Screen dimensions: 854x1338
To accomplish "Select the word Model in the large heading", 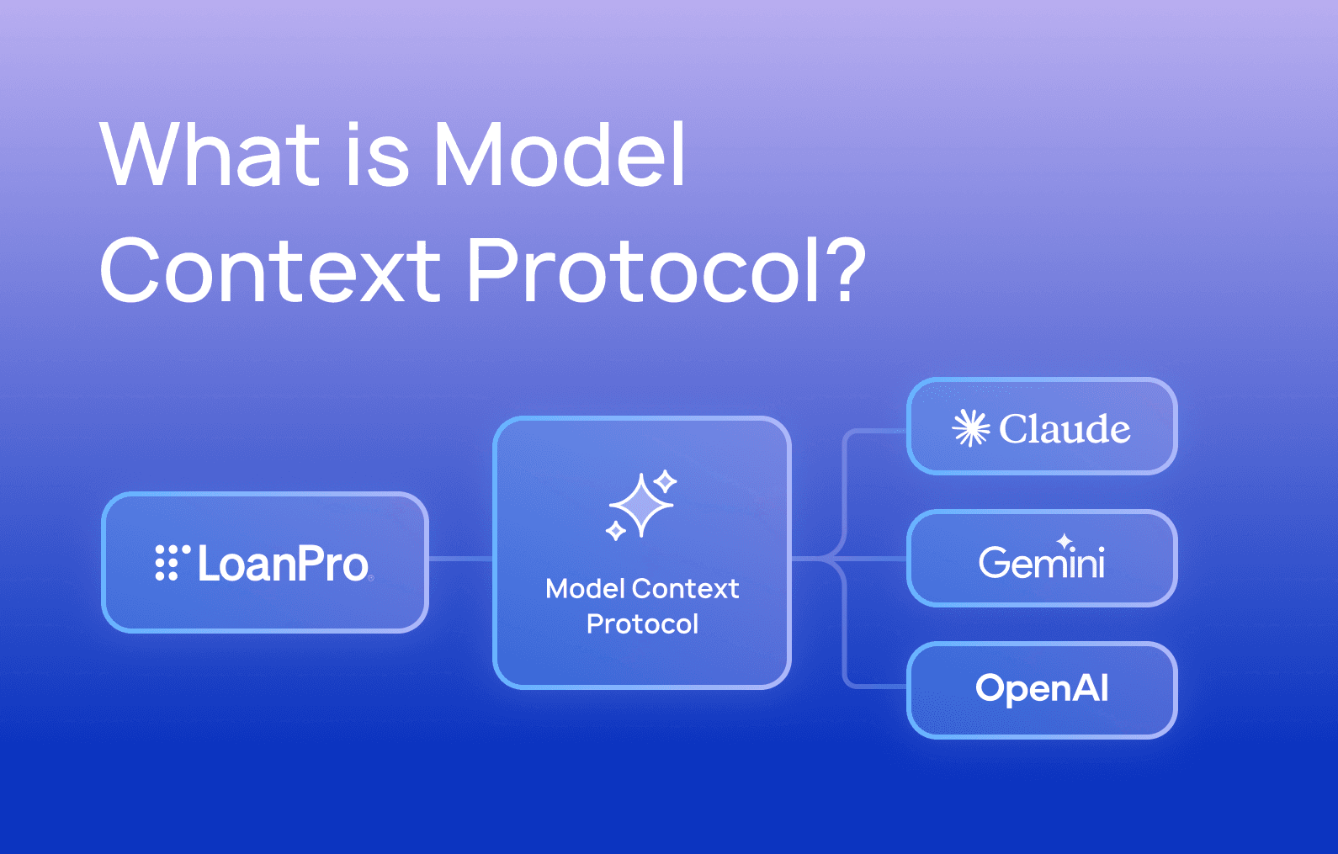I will [560, 155].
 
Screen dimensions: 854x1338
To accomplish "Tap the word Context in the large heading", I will [270, 271].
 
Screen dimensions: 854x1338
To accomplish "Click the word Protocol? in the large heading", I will [665, 271].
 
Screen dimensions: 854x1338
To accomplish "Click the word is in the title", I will [377, 155].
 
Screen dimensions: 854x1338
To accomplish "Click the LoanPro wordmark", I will [283, 564].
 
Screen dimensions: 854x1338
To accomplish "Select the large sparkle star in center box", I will [641, 505].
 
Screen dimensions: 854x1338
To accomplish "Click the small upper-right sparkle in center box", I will [666, 481].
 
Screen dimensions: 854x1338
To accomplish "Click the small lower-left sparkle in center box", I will [616, 531].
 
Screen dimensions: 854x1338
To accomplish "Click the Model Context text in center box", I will [642, 589].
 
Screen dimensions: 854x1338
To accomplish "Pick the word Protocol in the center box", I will [642, 624].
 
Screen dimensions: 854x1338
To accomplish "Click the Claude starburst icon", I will [970, 428].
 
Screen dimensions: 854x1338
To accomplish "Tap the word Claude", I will [1064, 429].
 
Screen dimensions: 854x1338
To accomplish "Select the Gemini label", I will [1042, 562].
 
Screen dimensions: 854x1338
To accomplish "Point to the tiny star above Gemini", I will [1065, 541].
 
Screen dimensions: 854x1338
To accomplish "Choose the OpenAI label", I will [1042, 688].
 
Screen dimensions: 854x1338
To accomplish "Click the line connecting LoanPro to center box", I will [460, 559].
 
